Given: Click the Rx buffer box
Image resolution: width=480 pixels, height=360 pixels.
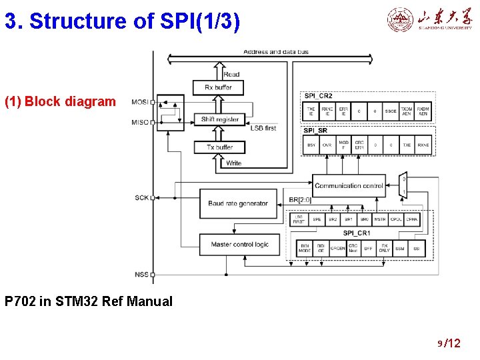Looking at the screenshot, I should [219, 87].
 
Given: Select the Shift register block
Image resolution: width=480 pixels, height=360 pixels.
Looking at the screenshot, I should [219, 119].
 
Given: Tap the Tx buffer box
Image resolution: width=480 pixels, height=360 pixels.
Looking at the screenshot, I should [219, 147].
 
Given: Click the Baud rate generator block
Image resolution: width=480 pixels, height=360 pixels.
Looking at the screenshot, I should [238, 203].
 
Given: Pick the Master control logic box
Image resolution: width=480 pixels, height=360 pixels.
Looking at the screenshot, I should [239, 245].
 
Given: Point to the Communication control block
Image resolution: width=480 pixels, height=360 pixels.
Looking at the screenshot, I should [348, 185].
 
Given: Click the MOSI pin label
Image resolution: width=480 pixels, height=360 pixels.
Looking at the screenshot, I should [140, 102].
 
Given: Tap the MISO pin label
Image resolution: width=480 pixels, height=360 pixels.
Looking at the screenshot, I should [140, 122].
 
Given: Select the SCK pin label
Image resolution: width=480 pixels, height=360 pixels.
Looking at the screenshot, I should [141, 197].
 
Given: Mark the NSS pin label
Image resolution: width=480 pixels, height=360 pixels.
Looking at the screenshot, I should [141, 274].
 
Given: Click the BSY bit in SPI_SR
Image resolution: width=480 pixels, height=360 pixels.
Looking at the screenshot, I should [311, 145].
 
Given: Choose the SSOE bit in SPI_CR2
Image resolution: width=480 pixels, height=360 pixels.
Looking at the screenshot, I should [391, 111].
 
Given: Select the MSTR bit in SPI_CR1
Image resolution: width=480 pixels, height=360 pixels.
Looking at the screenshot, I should [380, 219].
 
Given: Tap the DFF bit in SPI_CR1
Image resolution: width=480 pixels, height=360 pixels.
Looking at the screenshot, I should [369, 249].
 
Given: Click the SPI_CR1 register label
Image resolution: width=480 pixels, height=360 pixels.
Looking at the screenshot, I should [356, 233].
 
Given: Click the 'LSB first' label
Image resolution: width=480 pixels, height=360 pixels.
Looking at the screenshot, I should [263, 128].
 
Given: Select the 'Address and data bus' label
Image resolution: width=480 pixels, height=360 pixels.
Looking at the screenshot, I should [275, 52].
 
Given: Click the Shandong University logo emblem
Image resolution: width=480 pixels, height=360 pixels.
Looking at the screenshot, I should [400, 20].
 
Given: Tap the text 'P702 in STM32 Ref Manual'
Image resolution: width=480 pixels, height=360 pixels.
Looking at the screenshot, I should [88, 301].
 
